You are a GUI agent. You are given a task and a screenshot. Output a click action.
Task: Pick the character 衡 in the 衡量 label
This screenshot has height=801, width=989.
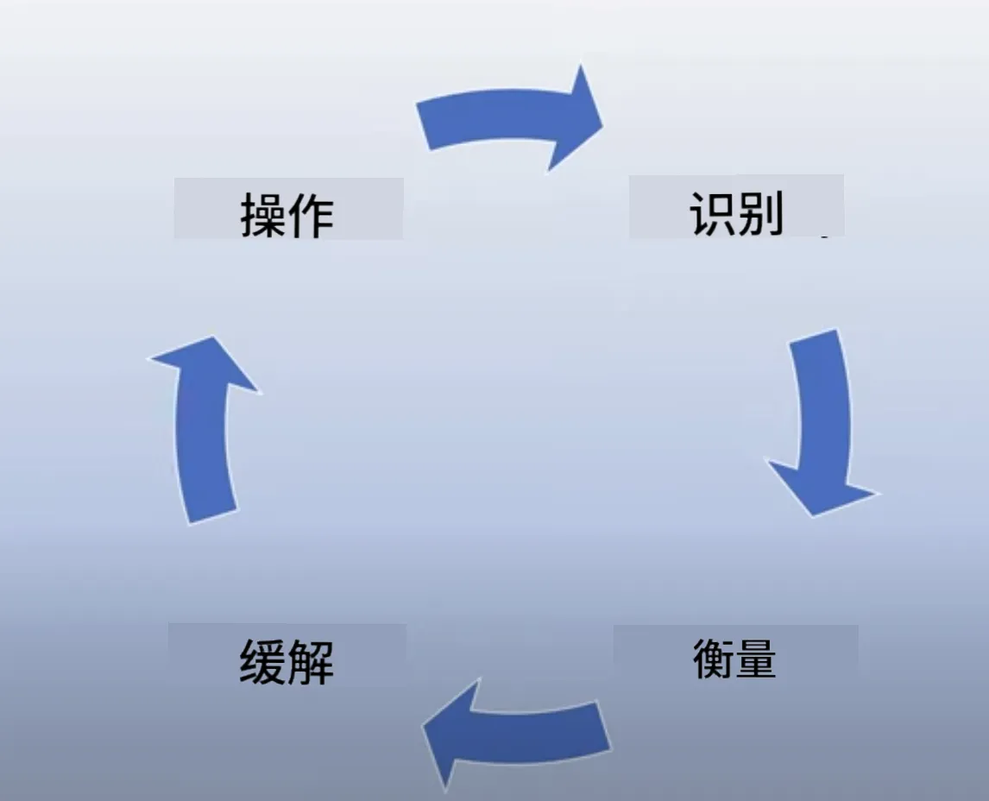click(714, 659)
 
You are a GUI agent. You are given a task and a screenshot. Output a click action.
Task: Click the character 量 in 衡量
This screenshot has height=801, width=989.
click(754, 659)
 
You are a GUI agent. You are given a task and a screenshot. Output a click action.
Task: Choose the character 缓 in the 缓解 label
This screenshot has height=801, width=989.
click(262, 663)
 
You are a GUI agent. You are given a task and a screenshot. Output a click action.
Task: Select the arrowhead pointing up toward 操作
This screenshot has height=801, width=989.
click(204, 362)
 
